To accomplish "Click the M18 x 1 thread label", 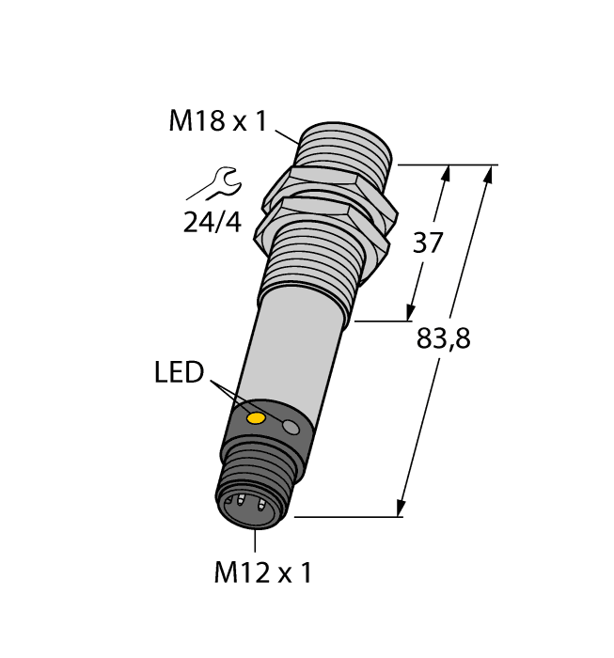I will point(217,121).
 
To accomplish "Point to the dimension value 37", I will point(428,243).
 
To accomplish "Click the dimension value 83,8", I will point(443,339).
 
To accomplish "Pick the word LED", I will point(179,373).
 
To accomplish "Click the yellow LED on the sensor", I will point(255,417).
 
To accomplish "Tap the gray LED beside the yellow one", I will point(291,429).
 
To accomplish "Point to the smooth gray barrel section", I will point(291,348).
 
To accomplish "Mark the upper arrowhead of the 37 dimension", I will point(447,172).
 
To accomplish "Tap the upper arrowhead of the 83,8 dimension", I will point(489,173).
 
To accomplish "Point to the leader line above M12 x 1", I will point(255,540).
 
